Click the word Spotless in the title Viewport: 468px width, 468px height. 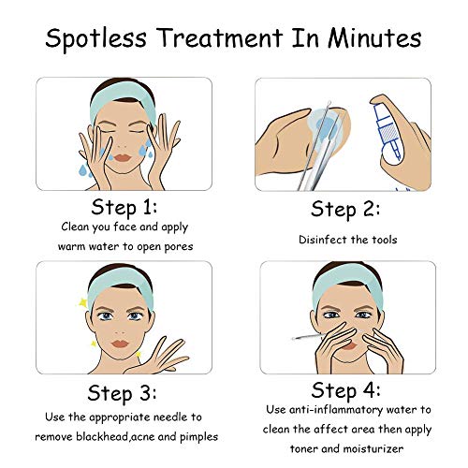tap(96, 39)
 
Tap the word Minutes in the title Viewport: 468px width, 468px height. tap(374, 37)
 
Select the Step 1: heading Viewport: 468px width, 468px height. tap(124, 208)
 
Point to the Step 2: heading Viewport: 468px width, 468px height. tap(345, 210)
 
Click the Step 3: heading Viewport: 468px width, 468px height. tap(122, 393)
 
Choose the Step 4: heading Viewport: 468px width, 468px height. tap(345, 390)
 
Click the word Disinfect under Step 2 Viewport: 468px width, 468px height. tap(323, 240)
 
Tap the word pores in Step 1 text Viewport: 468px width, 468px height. tap(179, 247)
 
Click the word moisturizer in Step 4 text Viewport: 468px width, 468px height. tap(373, 448)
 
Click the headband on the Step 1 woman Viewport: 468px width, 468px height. tap(123, 100)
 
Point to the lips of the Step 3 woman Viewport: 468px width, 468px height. tap(120, 344)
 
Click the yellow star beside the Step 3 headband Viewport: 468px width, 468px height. tap(82, 302)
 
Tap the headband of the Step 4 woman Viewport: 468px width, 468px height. tap(347, 284)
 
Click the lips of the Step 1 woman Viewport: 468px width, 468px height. tap(122, 157)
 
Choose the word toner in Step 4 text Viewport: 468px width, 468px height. tap(304, 448)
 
